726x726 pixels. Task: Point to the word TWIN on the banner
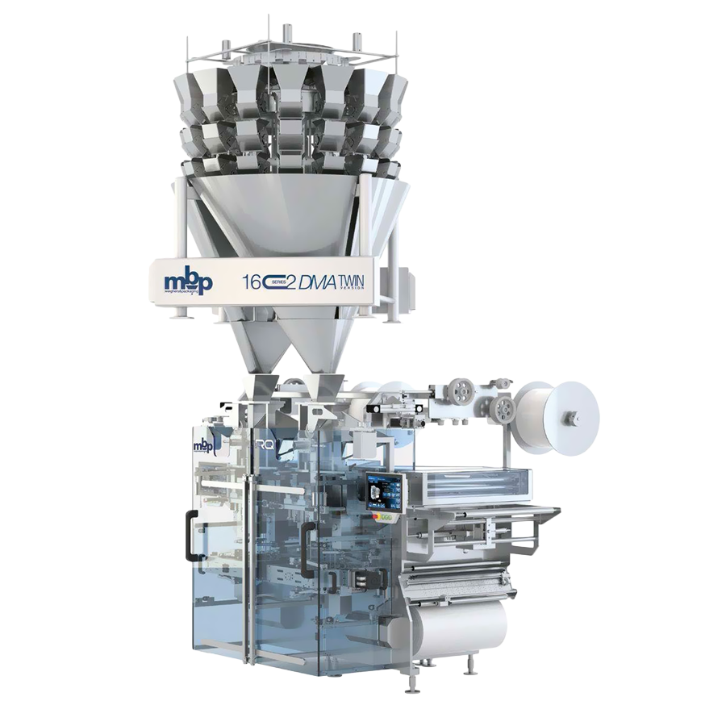point(350,279)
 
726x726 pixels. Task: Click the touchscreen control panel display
point(377,491)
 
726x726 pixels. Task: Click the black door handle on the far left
point(190,536)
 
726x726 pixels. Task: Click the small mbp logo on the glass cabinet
point(203,446)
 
